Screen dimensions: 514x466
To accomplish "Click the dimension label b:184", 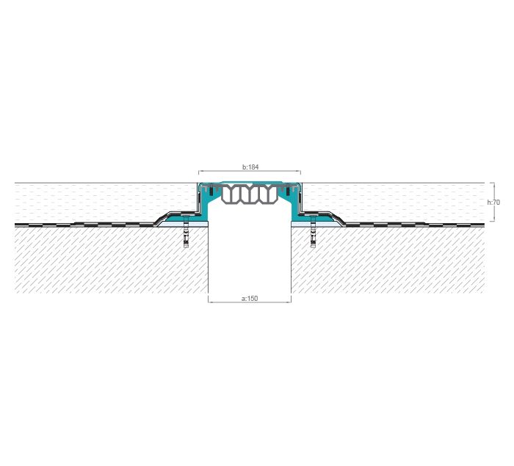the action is [x=250, y=167].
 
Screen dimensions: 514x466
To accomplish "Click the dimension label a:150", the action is [x=250, y=299].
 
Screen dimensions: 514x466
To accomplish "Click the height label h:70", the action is [x=493, y=203].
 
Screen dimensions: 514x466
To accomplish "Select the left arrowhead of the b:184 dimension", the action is [x=200, y=171].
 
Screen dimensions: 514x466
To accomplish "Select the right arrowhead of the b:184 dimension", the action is [x=299, y=171].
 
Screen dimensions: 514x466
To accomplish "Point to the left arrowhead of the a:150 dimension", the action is [x=210, y=302].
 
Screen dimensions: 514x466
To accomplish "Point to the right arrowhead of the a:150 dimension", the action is [x=289, y=302].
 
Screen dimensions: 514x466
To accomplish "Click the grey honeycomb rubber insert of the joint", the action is [x=250, y=194].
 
